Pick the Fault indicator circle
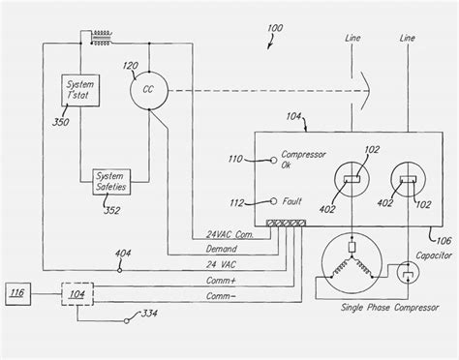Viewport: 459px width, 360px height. (x=263, y=201)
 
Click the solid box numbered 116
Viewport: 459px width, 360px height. (x=19, y=292)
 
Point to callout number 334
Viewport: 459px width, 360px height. (x=177, y=315)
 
